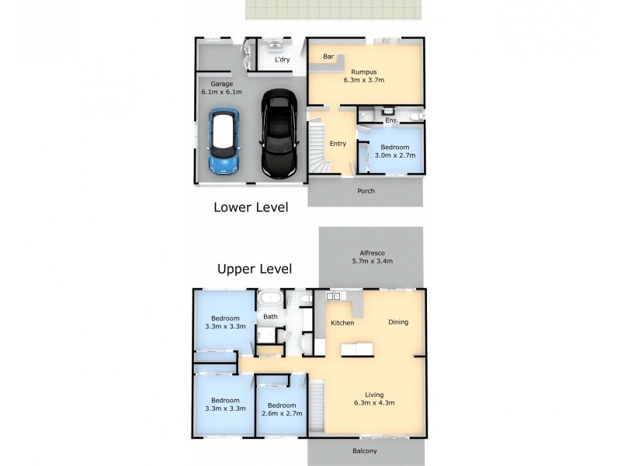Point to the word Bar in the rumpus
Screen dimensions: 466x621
[328, 57]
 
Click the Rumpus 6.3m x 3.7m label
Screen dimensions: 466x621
[364, 75]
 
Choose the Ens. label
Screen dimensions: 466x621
[391, 120]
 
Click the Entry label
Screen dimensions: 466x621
[338, 143]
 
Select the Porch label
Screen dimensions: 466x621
[366, 191]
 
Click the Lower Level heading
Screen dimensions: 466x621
[251, 207]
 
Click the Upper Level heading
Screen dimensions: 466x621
[255, 270]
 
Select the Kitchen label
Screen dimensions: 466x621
[342, 322]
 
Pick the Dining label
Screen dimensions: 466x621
[398, 322]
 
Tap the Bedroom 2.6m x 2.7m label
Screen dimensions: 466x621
[281, 409]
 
